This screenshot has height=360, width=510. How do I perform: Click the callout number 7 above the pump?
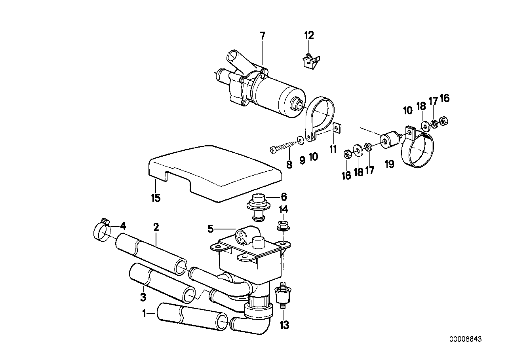coord(263,36)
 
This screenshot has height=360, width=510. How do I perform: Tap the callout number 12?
coord(309,36)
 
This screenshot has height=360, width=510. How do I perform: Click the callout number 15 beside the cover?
coord(156,197)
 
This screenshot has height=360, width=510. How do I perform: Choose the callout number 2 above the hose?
coord(156,227)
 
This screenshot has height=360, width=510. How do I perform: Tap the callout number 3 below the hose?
coord(143,296)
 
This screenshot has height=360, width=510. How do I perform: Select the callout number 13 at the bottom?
coord(284,325)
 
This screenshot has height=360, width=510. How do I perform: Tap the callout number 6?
coord(284,197)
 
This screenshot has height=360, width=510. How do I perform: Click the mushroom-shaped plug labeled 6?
coord(257,203)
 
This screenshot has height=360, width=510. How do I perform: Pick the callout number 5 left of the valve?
coord(211,228)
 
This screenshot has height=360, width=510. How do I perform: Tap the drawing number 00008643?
coord(465,339)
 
